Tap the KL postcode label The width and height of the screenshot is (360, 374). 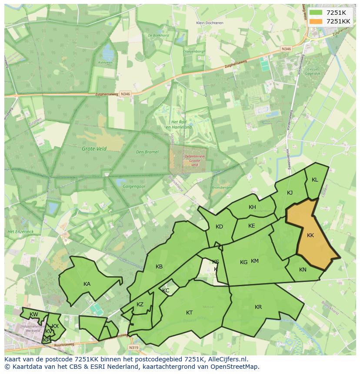tap(315, 180)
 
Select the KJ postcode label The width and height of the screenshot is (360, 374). tap(290, 193)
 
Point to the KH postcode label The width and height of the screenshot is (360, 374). tap(252, 207)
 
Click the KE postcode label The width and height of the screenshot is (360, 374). tap(252, 226)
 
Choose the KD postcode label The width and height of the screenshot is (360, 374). tap(219, 227)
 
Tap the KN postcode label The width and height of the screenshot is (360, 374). tap(303, 270)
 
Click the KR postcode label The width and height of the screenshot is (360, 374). tap(258, 307)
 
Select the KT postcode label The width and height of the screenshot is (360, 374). tap(189, 313)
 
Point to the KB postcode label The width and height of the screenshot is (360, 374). tap(159, 267)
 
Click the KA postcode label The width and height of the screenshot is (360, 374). tap(87, 284)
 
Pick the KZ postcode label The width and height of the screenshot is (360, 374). tap(140, 304)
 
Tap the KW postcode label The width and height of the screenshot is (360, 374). tap(33, 314)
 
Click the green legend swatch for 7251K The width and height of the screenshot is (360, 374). tap(316, 13)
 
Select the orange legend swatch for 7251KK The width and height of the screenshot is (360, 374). tap(316, 21)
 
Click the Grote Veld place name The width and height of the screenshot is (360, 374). tap(94, 149)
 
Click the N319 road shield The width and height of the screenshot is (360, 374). tap(134, 348)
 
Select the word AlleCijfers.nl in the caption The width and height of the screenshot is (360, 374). tap(226, 359)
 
